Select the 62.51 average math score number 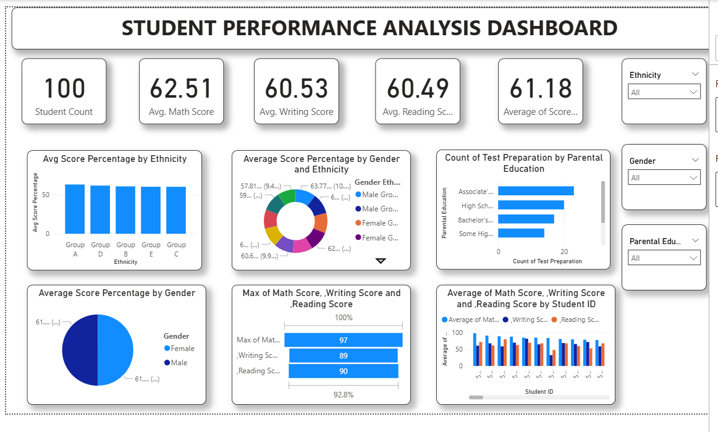[181, 88]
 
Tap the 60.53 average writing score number [297, 88]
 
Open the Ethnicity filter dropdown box [664, 93]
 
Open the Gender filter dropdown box [664, 178]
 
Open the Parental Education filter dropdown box [664, 258]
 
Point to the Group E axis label [151, 248]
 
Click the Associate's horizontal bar [536, 191]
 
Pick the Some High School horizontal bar [521, 233]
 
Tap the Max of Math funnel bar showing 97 [343, 340]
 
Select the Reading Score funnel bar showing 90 [343, 371]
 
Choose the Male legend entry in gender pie [179, 363]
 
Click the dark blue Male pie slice [80, 350]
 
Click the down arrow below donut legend [381, 261]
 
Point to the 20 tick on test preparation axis [564, 252]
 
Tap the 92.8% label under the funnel [344, 394]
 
